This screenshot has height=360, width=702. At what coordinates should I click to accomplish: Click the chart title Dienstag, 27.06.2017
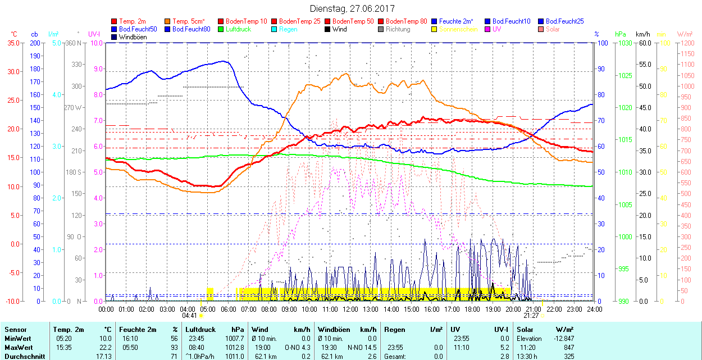[x=352, y=9]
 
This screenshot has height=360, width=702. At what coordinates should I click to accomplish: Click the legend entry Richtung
[x=398, y=29]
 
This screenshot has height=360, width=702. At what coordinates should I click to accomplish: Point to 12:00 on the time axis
[x=350, y=309]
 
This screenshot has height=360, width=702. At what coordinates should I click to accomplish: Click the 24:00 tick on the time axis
[x=594, y=309]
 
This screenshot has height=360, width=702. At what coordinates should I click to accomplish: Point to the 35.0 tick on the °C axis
[x=11, y=43]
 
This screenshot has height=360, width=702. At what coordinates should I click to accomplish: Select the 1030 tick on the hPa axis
[x=624, y=43]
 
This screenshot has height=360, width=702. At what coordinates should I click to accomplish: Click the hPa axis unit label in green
[x=621, y=34]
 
